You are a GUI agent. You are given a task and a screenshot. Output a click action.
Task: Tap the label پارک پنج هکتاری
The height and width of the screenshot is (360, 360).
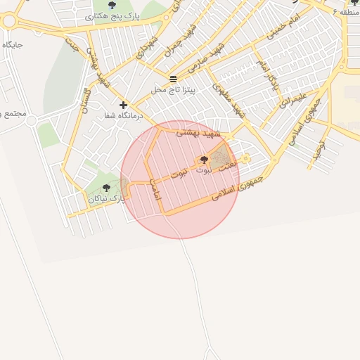116,15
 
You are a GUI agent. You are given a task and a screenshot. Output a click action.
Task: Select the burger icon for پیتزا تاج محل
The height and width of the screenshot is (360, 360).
174,78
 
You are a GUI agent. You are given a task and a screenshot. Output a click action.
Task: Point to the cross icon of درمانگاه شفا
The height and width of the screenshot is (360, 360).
124,104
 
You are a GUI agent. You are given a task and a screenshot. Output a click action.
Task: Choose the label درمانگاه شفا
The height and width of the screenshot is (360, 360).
123,115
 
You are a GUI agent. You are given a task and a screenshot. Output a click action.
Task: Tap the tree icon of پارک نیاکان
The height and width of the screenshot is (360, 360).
106,188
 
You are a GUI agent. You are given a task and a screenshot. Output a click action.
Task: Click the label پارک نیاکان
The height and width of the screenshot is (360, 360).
107,199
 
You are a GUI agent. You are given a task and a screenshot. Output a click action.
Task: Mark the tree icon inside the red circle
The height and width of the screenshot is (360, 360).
204,160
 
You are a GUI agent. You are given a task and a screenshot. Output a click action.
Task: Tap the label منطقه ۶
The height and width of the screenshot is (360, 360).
349,13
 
